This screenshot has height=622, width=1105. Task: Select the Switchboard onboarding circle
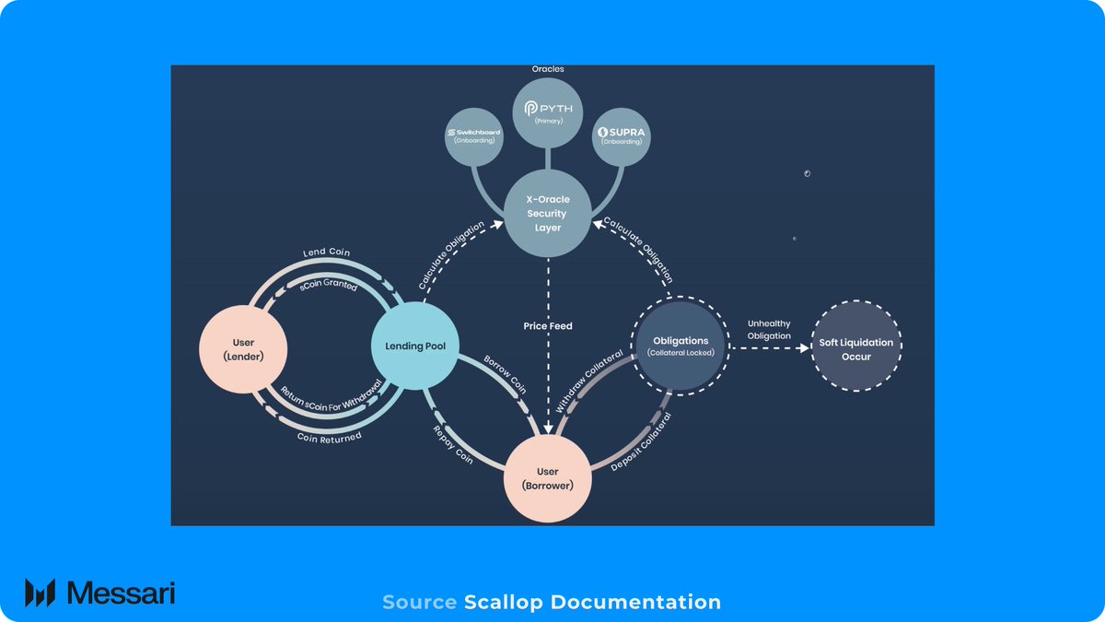click(x=473, y=135)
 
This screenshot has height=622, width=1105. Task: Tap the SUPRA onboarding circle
click(x=622, y=135)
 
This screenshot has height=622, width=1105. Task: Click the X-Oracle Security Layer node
click(x=547, y=214)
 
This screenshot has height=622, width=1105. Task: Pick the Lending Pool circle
click(x=414, y=346)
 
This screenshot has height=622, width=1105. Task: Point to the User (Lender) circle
click(x=244, y=349)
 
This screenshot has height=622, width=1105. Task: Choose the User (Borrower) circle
click(x=547, y=478)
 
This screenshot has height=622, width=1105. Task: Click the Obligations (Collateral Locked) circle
click(x=680, y=346)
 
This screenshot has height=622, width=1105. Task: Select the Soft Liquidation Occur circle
click(x=856, y=348)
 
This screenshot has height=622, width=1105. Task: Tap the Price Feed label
click(x=548, y=325)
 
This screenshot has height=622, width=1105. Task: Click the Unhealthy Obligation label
click(x=769, y=329)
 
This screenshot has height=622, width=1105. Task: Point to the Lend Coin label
click(x=327, y=252)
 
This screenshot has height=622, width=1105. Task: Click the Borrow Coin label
click(x=506, y=375)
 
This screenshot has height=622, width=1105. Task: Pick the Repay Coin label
click(x=452, y=444)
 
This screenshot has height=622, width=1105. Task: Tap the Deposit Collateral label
click(x=642, y=443)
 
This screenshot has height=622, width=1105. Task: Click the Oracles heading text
click(x=548, y=69)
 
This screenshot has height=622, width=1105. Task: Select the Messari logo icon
click(x=41, y=593)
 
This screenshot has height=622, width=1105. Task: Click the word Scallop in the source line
click(x=504, y=603)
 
